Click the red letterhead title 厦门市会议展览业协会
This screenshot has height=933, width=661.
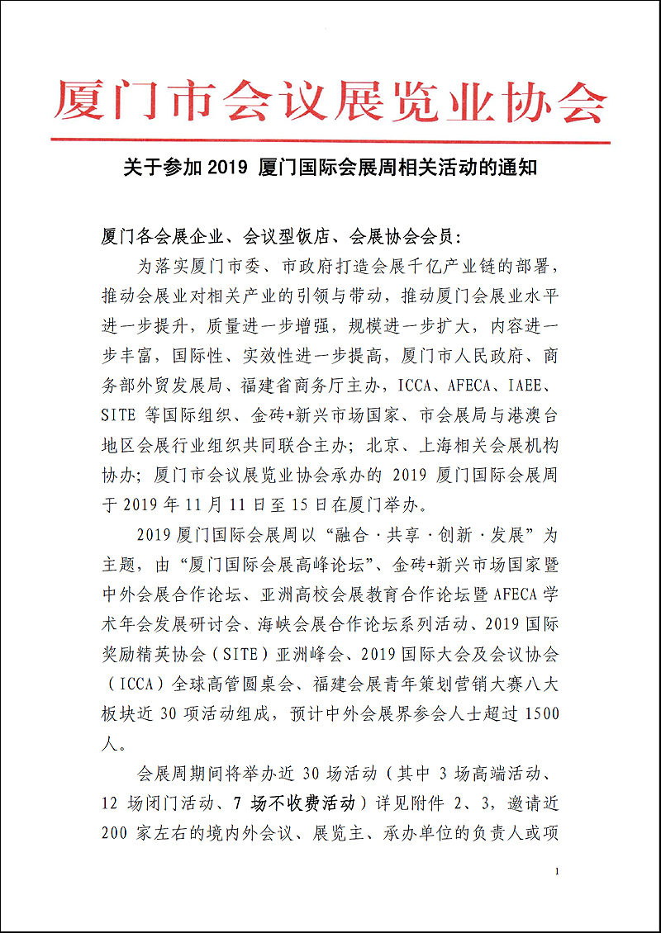point(330,102)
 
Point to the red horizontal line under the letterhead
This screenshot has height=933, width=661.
point(330,143)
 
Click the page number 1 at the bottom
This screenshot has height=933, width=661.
point(559,872)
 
